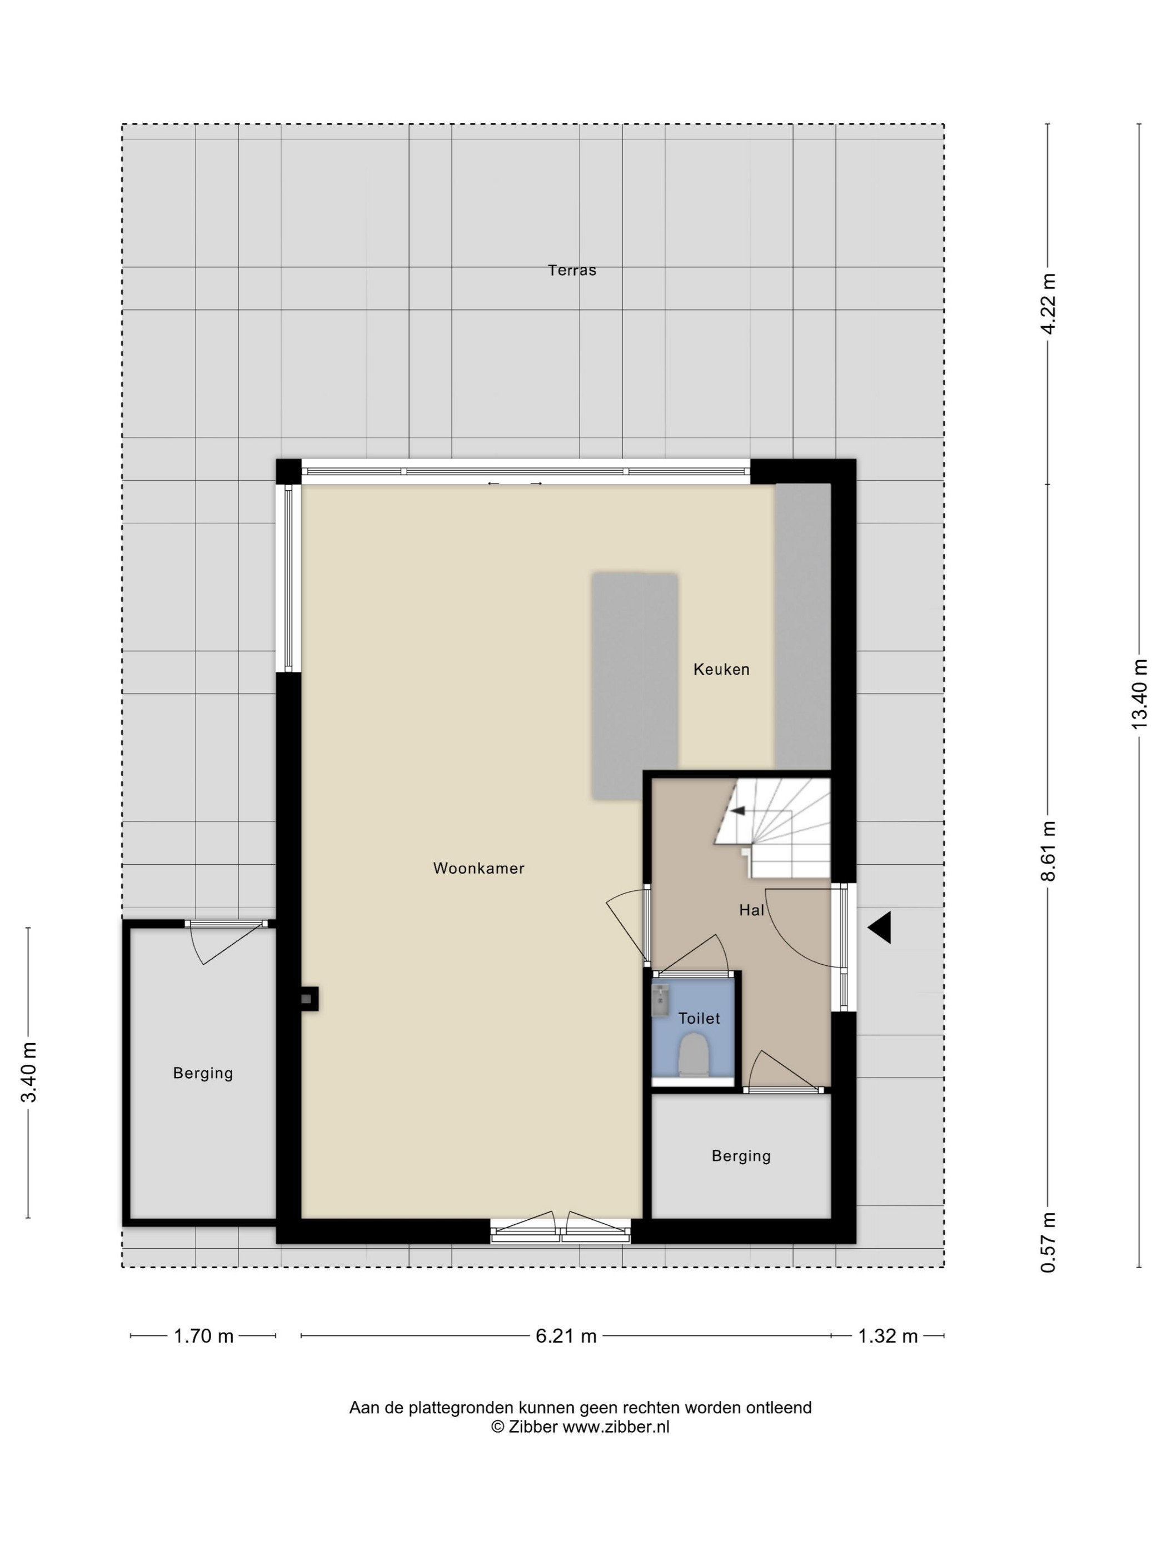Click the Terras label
571,270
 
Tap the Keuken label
721,669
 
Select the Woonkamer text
478,868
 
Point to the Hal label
751,910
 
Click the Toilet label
699,1018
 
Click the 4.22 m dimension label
1048,304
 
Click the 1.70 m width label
203,1336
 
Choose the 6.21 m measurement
566,1336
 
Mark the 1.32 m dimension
887,1336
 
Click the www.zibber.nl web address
616,1427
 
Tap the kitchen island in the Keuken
635,686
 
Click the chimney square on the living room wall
307,999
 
